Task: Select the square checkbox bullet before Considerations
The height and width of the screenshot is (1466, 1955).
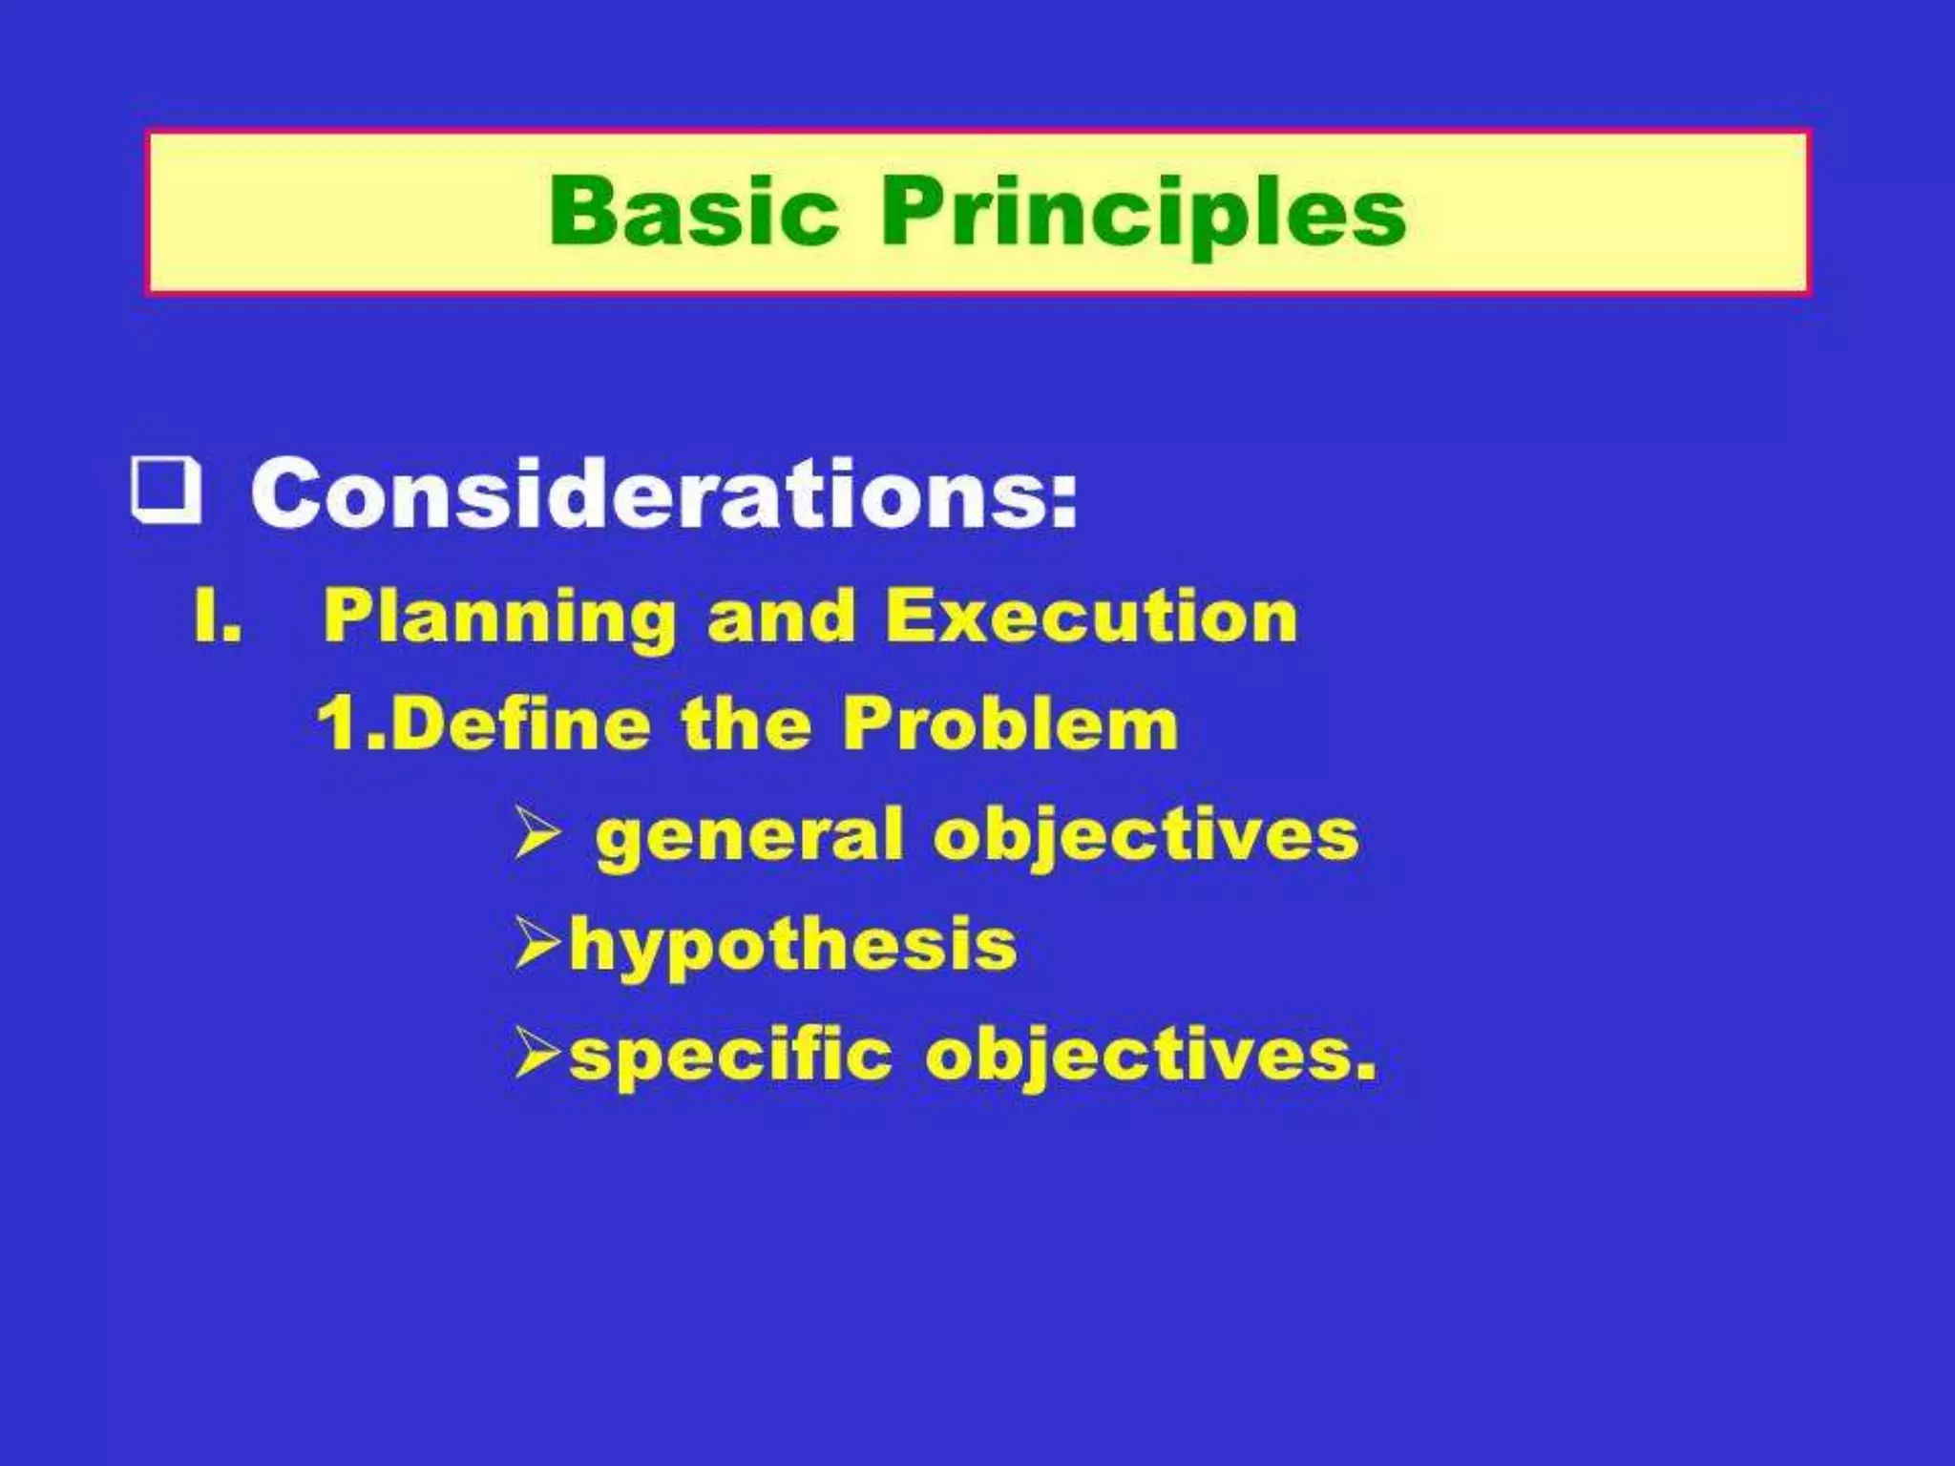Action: click(166, 492)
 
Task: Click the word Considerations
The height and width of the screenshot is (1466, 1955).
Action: click(664, 493)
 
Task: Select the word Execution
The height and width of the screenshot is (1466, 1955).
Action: click(1092, 616)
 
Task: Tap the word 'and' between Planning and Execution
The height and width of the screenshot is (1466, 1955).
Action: click(780, 616)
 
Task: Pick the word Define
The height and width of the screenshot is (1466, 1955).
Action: click(520, 723)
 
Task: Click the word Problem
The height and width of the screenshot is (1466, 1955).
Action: click(1010, 723)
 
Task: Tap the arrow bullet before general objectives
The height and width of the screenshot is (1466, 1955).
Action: click(536, 832)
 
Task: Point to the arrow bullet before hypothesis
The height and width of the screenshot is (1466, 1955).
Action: click(536, 943)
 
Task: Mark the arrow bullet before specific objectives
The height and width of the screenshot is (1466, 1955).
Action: click(536, 1053)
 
